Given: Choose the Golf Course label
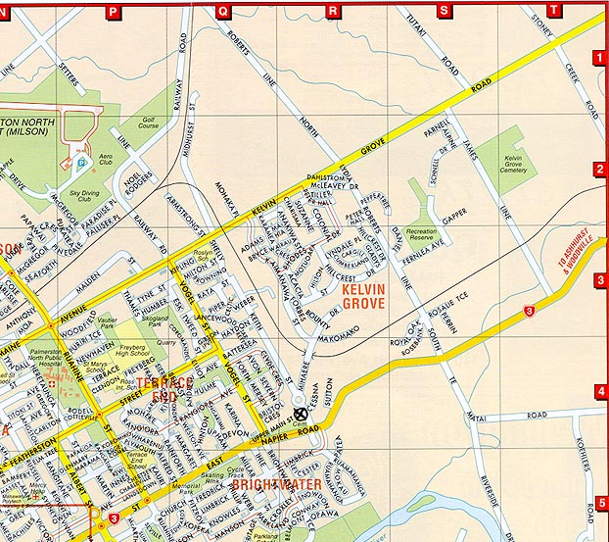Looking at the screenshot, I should (x=148, y=122).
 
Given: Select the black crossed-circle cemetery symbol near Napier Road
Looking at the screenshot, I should (x=301, y=415).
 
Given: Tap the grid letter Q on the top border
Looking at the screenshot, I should (x=224, y=11).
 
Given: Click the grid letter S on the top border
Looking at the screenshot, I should (x=445, y=11).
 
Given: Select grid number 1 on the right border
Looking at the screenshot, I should (x=599, y=58).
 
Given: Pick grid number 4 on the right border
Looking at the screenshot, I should (x=599, y=392).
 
